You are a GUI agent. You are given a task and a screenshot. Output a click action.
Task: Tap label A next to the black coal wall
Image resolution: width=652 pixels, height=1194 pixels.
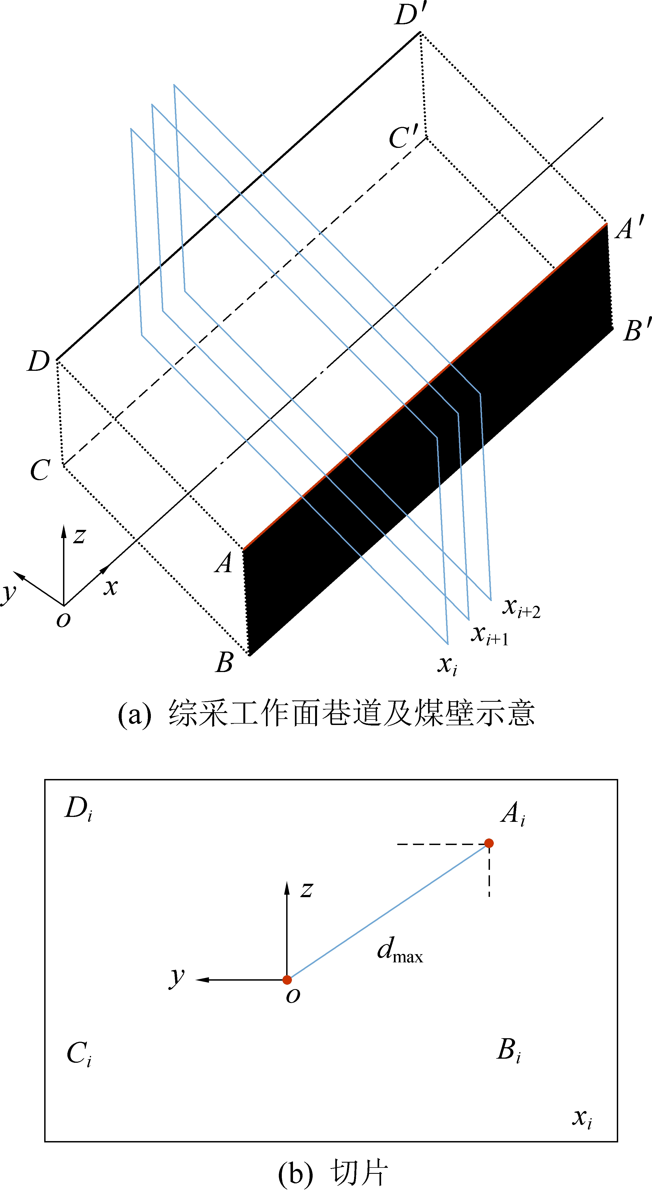tap(223, 563)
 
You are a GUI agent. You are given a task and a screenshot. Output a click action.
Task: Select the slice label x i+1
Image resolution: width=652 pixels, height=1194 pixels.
tap(490, 635)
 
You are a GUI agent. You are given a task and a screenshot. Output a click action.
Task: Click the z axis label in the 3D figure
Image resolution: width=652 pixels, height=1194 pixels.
tap(79, 536)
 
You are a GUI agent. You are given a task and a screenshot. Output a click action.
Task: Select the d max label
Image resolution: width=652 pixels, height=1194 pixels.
tap(400, 950)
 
